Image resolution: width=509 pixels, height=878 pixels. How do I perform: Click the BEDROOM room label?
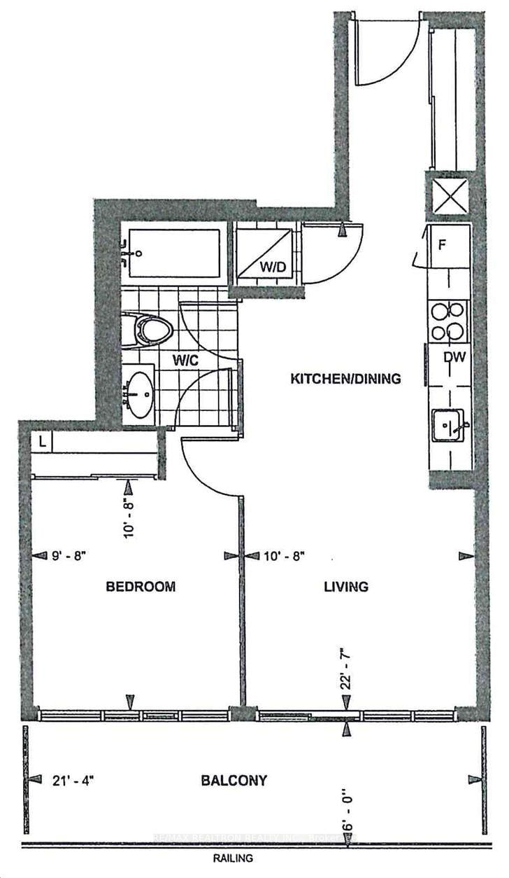141,587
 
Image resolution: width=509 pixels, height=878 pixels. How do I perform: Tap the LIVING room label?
345,587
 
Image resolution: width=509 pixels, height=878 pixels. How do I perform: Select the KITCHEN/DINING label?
346,379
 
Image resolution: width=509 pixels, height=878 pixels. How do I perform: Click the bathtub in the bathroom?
175,252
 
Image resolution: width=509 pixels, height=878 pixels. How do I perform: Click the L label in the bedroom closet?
43,442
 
